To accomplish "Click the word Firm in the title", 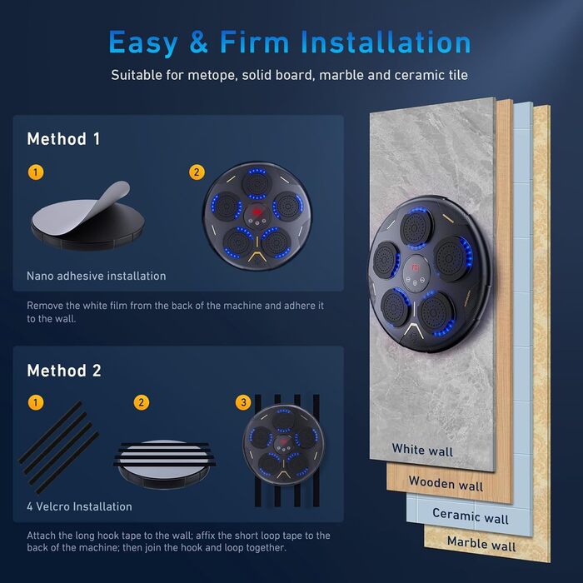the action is (254, 42).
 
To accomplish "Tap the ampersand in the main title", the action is (198, 42).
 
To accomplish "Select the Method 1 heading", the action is (63, 139).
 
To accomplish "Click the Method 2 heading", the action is (64, 371).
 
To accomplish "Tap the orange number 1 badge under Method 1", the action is (36, 172).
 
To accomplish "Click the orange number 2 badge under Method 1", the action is (197, 172).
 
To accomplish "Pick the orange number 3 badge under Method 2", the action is (243, 402).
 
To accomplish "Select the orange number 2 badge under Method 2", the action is (142, 402).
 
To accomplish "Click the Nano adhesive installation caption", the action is (97, 276).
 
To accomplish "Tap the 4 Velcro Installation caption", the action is (79, 506).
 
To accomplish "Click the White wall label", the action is (422, 450).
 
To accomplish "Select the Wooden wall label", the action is (446, 483).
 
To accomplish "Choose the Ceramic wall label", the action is (471, 516).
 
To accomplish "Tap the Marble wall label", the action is (481, 544).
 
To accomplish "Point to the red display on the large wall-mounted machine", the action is (416, 267).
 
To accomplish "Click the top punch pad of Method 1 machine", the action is (257, 184).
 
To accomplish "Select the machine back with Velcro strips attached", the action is (165, 463).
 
